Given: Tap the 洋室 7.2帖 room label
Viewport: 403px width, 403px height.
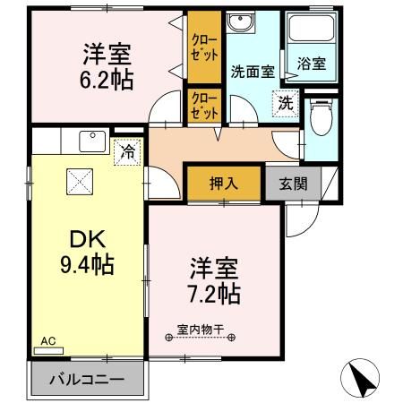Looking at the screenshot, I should coord(213,279).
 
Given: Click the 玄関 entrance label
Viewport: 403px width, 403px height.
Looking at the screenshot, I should coord(293,184).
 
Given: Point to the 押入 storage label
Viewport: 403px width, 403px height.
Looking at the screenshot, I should coord(224,184).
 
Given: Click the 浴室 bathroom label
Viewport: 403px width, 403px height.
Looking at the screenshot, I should coord(311,64).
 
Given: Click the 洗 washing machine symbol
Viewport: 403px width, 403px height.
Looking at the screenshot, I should coord(285,103).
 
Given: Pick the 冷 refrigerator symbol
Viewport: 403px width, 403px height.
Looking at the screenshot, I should coord(129,152).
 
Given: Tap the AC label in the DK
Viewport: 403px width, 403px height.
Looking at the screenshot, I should coord(48,341).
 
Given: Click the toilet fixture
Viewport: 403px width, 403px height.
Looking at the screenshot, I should coord(321,117).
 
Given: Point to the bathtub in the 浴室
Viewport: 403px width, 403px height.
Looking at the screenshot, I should coord(311,35).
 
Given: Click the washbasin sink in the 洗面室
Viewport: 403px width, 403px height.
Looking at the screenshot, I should coord(243,23).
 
